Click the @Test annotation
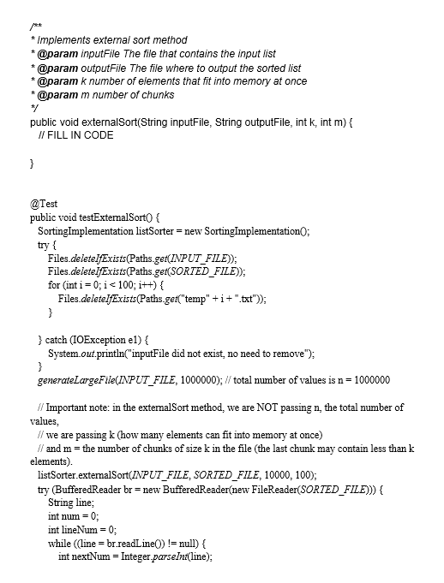pos(43,205)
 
